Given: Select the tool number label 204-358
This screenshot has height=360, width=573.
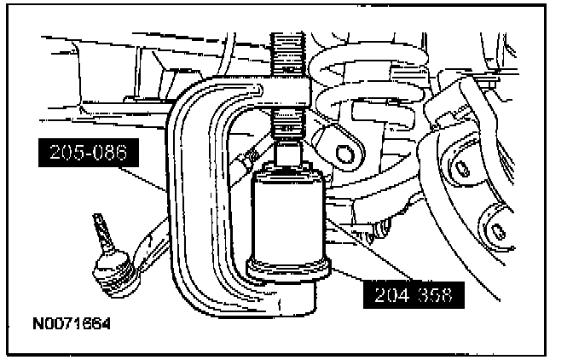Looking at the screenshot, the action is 413,295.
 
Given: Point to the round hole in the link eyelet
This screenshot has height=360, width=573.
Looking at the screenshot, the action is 344,154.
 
